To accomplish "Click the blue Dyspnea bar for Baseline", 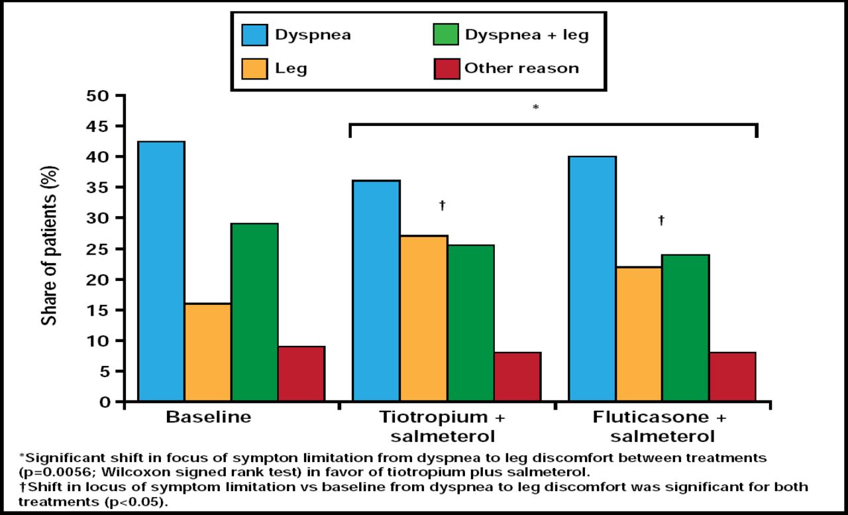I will [161, 272].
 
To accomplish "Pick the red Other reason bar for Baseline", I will [301, 374].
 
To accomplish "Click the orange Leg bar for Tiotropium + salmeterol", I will [423, 319].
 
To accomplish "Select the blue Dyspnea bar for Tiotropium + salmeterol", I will [376, 291].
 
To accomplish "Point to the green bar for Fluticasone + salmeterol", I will [685, 328].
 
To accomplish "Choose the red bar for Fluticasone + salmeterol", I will [732, 376].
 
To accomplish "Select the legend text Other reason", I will [521, 68].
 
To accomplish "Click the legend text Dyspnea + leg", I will [526, 35].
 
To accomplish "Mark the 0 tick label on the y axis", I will [105, 402].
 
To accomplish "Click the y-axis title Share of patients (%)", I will [50, 246].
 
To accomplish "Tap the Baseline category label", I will [208, 418].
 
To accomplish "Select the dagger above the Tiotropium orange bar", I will [442, 205].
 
